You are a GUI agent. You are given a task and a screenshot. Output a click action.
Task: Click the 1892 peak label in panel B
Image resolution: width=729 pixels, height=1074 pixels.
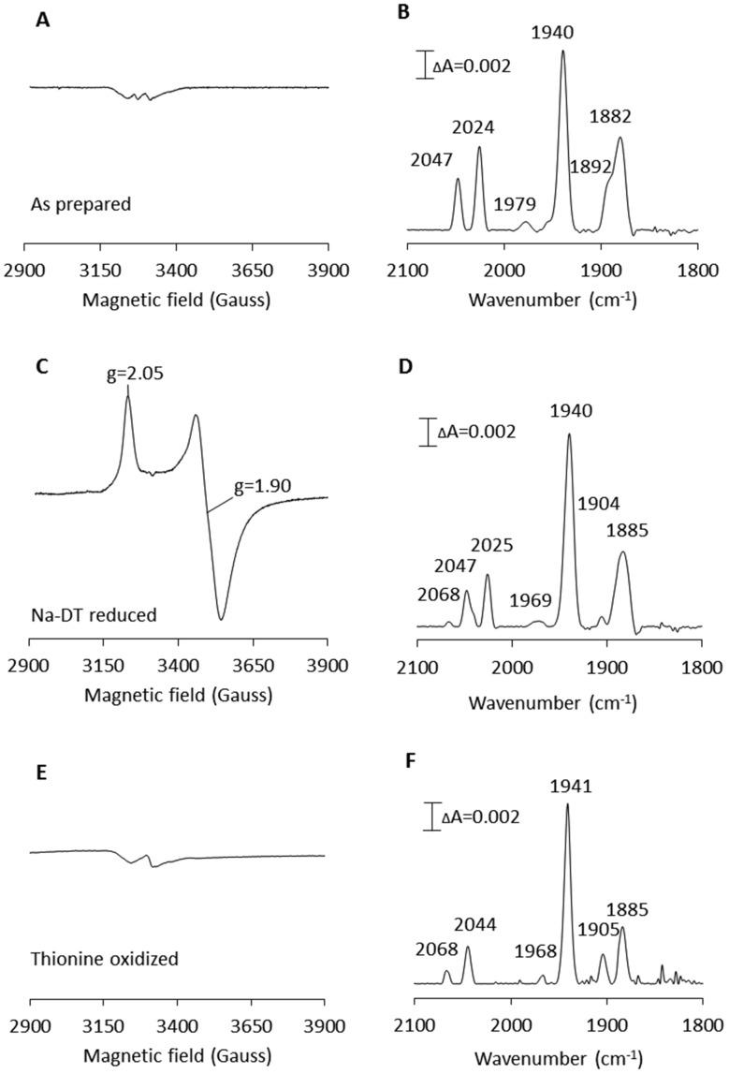tap(592, 167)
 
